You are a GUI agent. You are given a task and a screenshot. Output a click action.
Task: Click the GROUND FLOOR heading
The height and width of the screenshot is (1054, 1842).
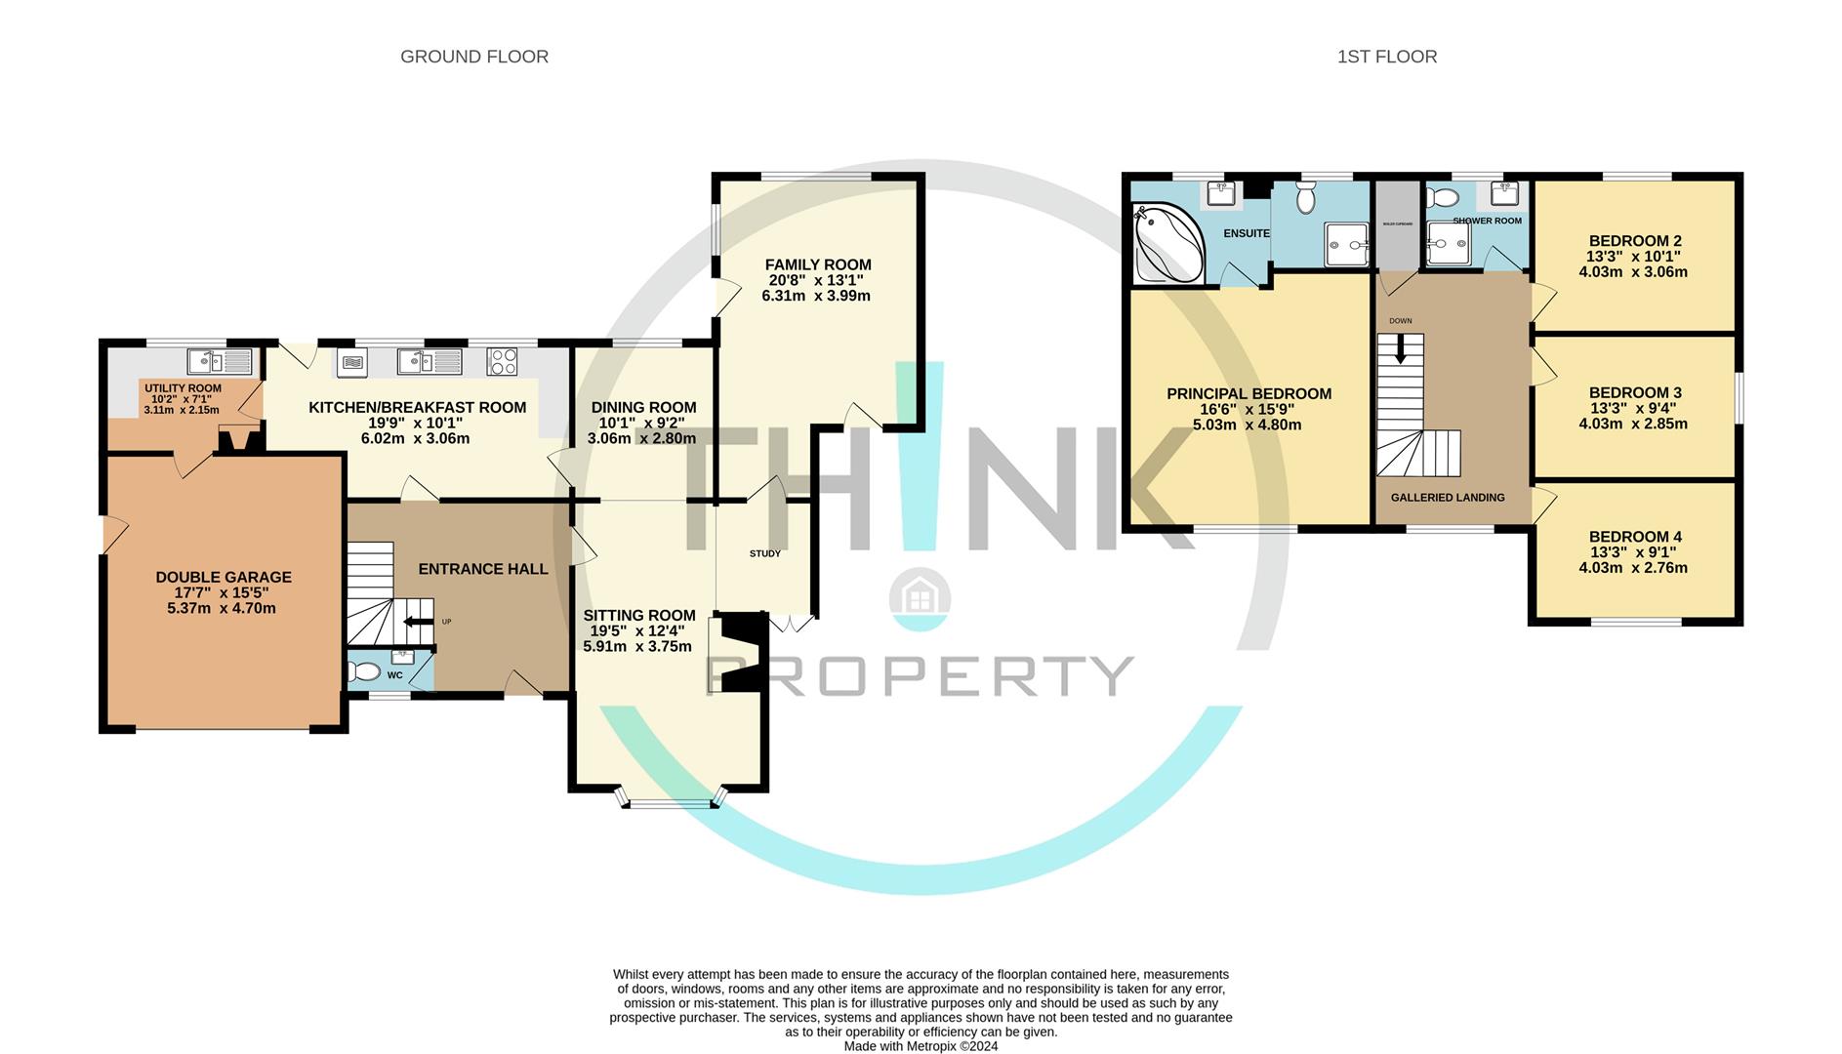tap(474, 57)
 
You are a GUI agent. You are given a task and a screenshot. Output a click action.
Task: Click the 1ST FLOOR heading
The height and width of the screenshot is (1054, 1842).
tap(1386, 57)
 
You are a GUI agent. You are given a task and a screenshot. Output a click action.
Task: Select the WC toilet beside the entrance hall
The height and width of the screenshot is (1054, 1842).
tap(364, 671)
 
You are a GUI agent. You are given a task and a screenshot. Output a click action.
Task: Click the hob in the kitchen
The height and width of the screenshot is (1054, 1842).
tap(503, 362)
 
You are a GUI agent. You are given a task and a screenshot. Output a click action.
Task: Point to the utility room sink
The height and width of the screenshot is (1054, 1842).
tap(213, 361)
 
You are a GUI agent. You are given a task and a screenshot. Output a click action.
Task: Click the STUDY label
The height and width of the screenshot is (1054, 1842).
tap(764, 553)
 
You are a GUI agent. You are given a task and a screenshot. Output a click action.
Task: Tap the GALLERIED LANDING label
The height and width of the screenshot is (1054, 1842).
tap(1447, 498)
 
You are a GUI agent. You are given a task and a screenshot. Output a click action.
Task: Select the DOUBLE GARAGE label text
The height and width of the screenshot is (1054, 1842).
tap(224, 577)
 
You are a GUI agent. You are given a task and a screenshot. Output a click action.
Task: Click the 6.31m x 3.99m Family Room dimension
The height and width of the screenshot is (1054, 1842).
tap(816, 296)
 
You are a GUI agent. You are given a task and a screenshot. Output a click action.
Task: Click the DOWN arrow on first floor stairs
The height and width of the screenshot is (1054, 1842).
tap(1401, 349)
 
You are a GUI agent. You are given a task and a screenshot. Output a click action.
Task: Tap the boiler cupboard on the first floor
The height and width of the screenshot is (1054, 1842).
tap(1397, 225)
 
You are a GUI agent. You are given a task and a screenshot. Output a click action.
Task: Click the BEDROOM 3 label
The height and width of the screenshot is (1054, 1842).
tap(1634, 393)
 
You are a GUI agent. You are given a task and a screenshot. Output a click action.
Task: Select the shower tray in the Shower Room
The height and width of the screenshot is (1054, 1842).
tap(1448, 244)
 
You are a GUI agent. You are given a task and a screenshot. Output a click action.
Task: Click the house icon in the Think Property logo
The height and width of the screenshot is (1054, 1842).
tap(920, 597)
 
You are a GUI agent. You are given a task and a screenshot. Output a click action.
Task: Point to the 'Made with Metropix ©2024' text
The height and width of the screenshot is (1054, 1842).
tap(921, 1046)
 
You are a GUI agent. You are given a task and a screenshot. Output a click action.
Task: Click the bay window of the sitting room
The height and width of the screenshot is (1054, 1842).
tap(671, 802)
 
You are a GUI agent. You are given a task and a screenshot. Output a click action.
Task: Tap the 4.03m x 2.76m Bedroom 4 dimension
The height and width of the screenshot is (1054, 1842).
tap(1633, 568)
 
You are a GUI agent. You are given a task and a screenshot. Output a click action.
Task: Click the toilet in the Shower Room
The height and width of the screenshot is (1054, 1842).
tap(1438, 198)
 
